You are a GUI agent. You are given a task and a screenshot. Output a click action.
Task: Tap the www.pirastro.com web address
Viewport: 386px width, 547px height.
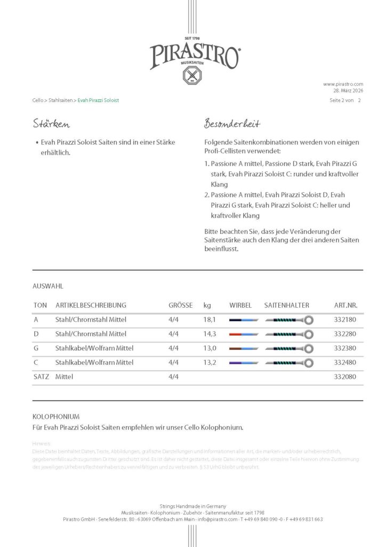(343, 84)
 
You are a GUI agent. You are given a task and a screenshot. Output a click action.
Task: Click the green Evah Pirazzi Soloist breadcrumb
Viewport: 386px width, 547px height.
(98, 100)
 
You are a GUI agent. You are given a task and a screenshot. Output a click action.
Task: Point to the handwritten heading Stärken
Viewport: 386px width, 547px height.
(51, 124)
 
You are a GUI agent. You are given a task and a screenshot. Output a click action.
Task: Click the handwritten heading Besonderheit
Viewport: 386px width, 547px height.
(232, 124)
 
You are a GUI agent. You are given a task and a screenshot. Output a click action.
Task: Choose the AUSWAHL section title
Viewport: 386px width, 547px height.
(48, 286)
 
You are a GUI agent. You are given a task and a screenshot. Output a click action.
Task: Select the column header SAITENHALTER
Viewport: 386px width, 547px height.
(287, 306)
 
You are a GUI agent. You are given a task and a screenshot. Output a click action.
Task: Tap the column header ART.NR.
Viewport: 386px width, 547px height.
(345, 306)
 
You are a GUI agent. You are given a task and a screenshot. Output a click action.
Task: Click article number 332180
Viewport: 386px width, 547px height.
(344, 320)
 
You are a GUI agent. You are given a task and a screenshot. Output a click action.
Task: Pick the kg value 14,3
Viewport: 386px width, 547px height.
(209, 334)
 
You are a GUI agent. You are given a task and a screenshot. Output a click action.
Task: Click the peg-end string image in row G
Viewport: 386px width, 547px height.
(244, 348)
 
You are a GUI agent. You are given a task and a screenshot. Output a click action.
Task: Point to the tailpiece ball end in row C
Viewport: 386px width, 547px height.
(309, 363)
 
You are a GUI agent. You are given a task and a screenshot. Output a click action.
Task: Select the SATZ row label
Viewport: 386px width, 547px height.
(41, 377)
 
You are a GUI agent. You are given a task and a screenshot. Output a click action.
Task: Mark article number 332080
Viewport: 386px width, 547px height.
(344, 377)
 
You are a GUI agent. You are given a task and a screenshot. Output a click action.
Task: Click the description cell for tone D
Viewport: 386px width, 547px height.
(91, 334)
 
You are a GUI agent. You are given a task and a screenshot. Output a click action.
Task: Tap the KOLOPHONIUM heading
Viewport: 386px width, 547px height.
(56, 416)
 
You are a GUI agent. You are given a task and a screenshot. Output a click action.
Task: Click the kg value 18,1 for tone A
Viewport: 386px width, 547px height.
(209, 320)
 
